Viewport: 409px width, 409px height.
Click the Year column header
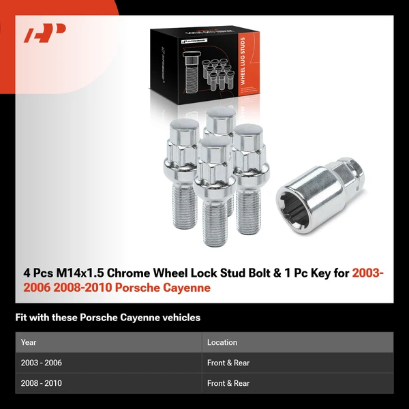(29, 342)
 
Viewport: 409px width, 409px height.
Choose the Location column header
(222, 342)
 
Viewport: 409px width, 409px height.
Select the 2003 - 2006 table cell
(42, 363)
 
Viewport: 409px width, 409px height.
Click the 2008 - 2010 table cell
(42, 384)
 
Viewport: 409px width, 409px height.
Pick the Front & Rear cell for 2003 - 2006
(228, 363)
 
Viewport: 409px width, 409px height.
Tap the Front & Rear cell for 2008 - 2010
(228, 384)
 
